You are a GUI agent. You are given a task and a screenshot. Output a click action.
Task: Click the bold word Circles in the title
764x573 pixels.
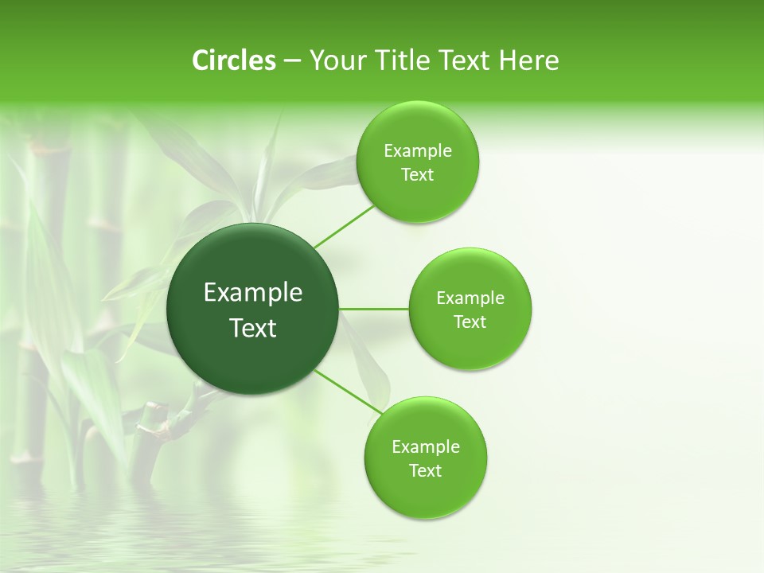[233, 60]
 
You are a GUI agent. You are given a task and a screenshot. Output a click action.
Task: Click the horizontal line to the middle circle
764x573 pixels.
[373, 309]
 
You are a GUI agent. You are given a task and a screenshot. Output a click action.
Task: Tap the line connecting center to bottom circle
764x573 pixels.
[348, 392]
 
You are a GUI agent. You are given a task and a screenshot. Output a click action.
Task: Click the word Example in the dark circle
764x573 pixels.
[253, 293]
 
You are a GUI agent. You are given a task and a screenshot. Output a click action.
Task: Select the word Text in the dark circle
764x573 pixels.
[253, 328]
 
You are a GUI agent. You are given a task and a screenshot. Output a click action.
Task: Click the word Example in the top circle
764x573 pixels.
[418, 151]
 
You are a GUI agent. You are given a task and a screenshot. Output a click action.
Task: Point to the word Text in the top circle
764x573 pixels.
[417, 175]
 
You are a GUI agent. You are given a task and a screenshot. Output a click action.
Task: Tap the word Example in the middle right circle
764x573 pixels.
[470, 298]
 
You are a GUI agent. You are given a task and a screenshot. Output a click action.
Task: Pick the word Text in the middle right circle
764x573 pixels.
[470, 322]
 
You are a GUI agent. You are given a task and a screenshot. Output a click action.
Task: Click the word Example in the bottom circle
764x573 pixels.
[426, 447]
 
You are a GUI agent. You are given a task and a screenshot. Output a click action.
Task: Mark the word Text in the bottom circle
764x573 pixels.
[425, 470]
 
